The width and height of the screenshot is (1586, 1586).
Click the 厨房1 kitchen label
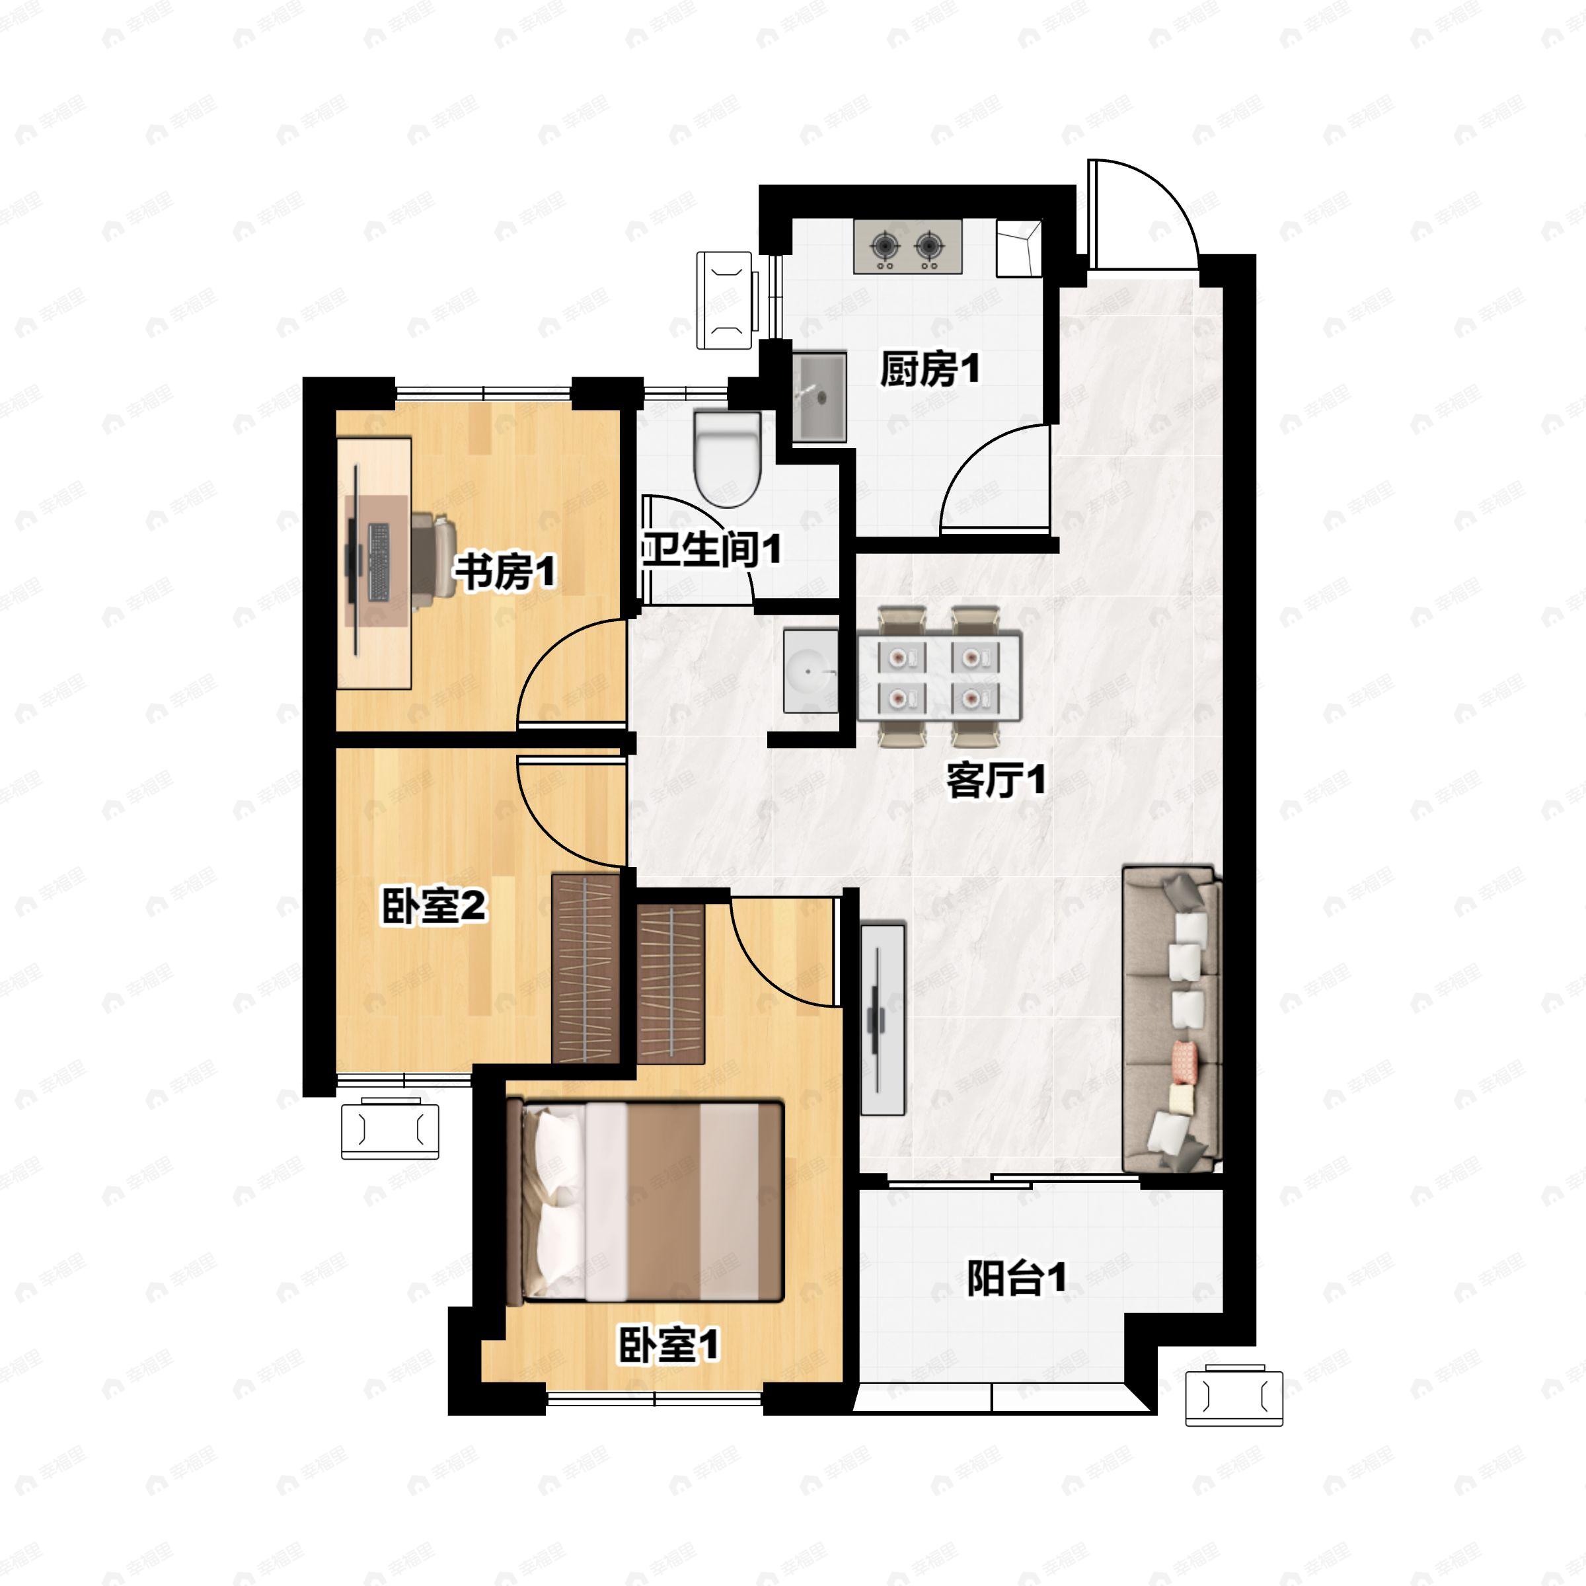(929, 369)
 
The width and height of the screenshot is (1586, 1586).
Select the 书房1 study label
(506, 572)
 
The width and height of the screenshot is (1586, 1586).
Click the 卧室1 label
(668, 1345)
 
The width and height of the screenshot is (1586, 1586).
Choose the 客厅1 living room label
(996, 780)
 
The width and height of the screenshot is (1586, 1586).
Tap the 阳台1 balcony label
(1016, 1278)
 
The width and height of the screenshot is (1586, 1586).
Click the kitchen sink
(819, 397)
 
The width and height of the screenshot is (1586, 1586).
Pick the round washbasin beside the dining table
(810, 671)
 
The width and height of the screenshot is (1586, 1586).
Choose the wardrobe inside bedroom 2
(585, 969)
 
